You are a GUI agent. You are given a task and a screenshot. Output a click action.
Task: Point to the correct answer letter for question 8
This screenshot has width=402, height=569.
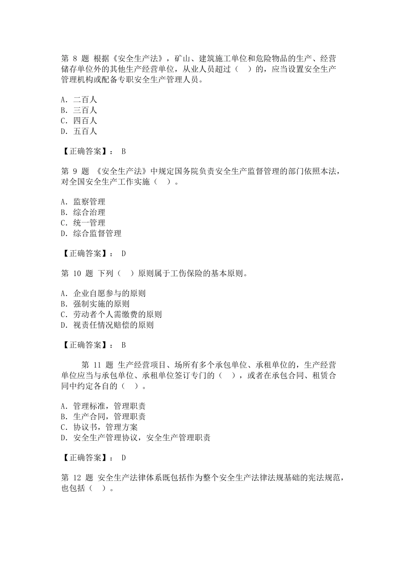[124, 152]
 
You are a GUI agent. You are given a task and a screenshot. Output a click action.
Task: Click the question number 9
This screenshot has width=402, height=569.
[74, 171]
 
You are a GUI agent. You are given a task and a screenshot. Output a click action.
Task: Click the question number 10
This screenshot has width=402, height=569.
[77, 273]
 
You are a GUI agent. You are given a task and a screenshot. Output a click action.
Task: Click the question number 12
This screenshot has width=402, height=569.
[77, 478]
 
